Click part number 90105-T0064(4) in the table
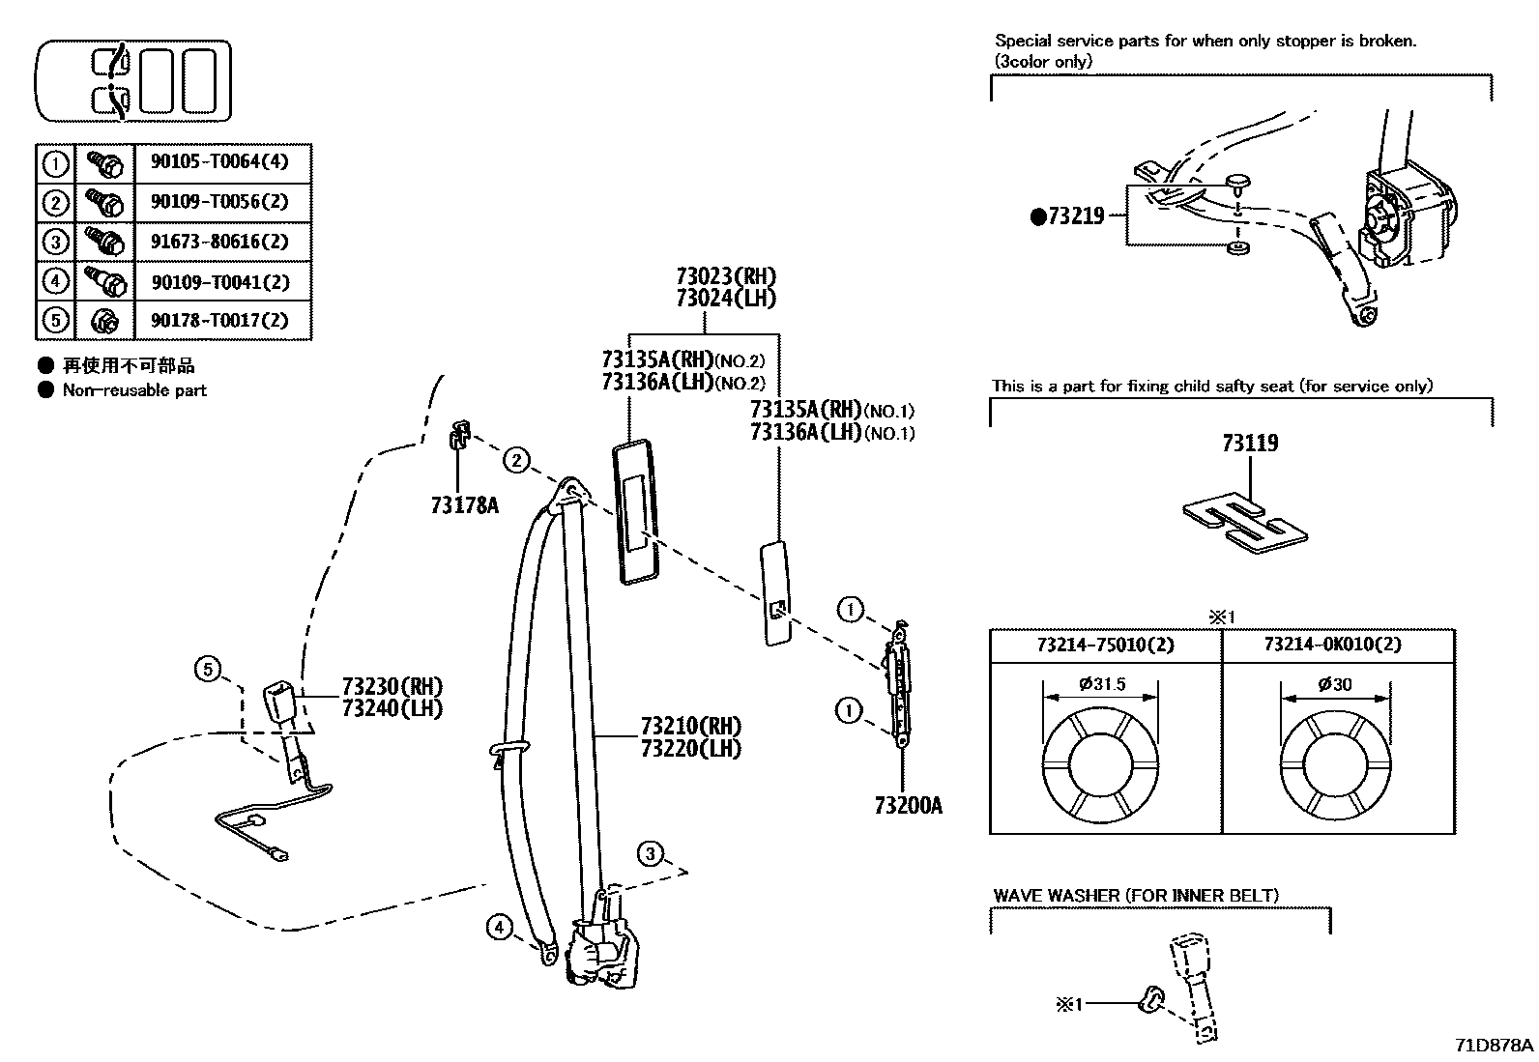point(219,162)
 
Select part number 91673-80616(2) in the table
point(219,242)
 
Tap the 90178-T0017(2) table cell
point(219,320)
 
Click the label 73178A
point(464,504)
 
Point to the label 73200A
point(907,805)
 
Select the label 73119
point(1249,444)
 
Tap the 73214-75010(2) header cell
point(1105,645)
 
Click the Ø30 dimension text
point(1335,684)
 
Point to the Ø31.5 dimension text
point(1102,684)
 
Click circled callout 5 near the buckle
point(208,669)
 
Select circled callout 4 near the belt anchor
point(499,929)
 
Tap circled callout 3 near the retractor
point(651,853)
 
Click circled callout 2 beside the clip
point(517,461)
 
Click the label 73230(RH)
point(392,687)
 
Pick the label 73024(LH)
point(726,299)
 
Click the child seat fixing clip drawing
point(1245,523)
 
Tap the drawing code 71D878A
point(1494,1046)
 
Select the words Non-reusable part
point(134,390)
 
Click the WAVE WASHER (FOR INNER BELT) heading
point(1135,896)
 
